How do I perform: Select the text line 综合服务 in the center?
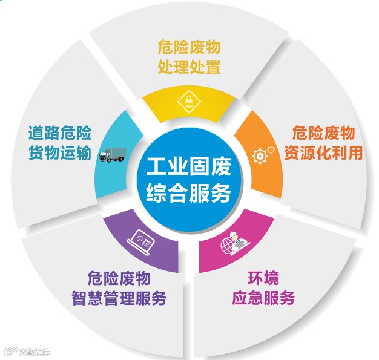(188, 193)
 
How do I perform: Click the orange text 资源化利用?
(324, 152)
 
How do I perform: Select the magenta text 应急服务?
(263, 298)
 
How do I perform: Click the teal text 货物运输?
(60, 152)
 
